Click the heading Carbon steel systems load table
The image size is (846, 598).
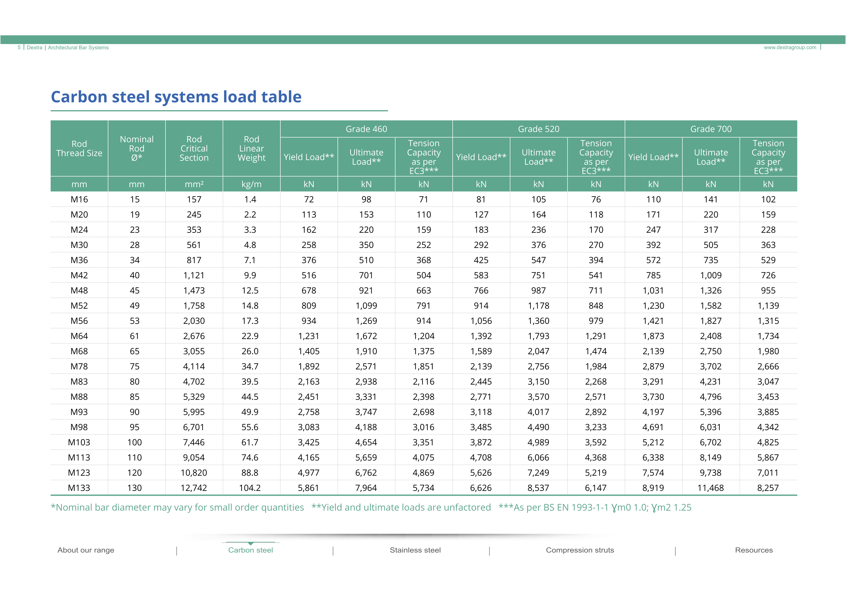[x=176, y=97]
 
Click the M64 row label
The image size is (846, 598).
[x=79, y=336]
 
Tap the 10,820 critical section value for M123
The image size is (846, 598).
[x=194, y=473]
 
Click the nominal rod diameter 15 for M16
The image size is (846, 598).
[x=135, y=200]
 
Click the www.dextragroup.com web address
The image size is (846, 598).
[x=790, y=47]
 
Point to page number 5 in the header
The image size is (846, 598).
[x=19, y=47]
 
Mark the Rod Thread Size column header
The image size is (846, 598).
[x=79, y=148]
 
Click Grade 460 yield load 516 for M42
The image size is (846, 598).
[x=309, y=275]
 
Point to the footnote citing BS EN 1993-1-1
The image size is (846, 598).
[x=595, y=508]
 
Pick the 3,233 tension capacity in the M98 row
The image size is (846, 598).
[x=596, y=427]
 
